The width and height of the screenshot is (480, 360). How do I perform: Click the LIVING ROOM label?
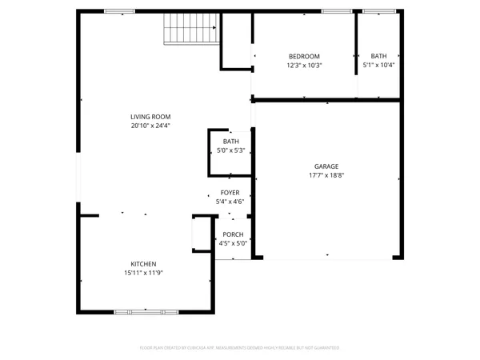click(x=150, y=117)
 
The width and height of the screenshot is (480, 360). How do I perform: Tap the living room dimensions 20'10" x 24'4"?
click(x=150, y=126)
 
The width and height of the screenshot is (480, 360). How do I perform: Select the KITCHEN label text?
click(x=143, y=264)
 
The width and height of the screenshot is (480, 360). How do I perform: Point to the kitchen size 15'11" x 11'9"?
click(x=143, y=273)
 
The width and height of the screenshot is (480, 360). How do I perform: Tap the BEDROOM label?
click(x=304, y=56)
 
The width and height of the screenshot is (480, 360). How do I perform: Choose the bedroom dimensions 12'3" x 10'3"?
click(x=304, y=65)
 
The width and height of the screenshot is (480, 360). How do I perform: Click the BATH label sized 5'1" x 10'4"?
click(x=378, y=56)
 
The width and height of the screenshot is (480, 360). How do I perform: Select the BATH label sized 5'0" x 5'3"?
click(x=230, y=142)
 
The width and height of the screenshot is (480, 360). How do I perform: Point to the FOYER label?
click(x=230, y=193)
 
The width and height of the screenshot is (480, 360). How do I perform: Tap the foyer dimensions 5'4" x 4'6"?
click(x=230, y=202)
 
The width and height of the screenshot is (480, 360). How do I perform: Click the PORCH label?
click(x=233, y=234)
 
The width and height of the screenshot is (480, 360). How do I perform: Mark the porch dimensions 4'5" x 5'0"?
click(x=233, y=243)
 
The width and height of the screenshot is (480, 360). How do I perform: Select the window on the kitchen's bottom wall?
click(x=144, y=312)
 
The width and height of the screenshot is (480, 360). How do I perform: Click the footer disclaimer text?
click(x=240, y=348)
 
